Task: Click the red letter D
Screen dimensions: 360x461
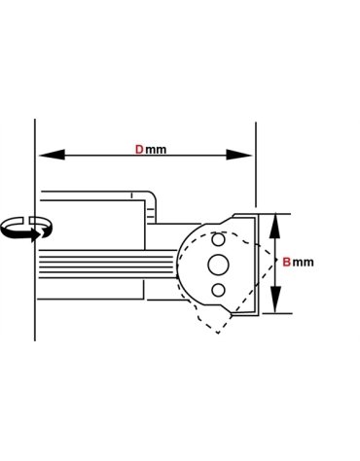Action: (x=139, y=150)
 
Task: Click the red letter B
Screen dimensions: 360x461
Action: (x=286, y=262)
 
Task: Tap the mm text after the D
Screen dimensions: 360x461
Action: (x=156, y=150)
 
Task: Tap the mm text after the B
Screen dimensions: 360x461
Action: (x=303, y=262)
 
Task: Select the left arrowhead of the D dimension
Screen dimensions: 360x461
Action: (x=52, y=155)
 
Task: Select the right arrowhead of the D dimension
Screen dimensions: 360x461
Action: (x=239, y=155)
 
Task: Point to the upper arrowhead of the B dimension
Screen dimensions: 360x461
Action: (x=275, y=227)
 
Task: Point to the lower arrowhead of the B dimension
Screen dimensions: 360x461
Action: (x=275, y=300)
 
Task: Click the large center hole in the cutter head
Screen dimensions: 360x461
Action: (x=218, y=265)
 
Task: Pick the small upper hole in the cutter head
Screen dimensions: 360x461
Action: (x=218, y=240)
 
